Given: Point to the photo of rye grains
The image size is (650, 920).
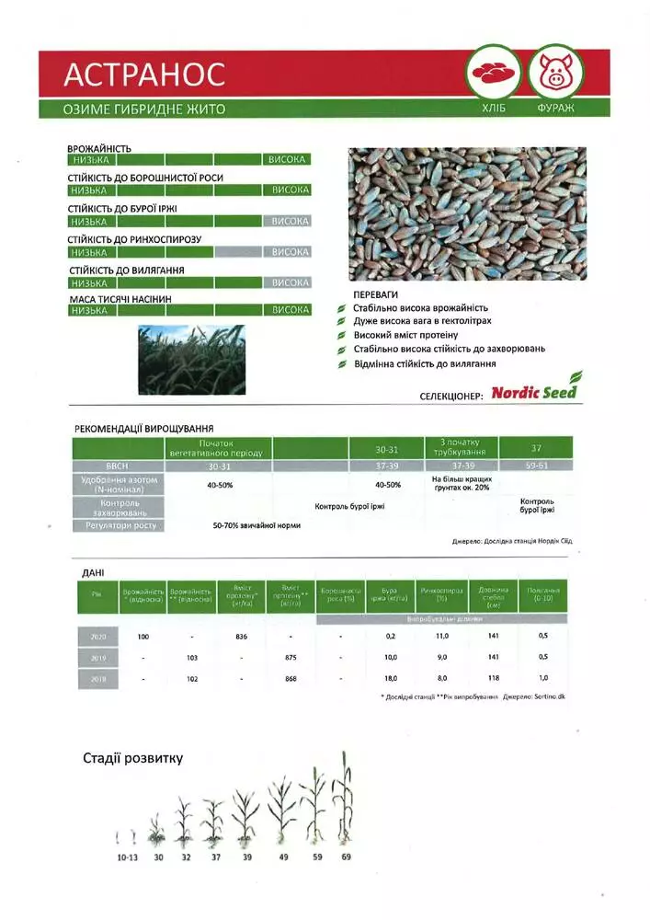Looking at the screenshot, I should [466, 213].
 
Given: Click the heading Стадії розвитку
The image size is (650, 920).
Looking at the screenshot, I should [132, 759].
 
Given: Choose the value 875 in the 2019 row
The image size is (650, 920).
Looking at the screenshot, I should [291, 658].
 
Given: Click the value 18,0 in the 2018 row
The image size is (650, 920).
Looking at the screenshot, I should [391, 679].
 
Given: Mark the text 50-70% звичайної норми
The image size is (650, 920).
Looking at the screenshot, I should [257, 525].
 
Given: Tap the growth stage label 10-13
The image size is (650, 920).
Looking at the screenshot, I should [128, 857].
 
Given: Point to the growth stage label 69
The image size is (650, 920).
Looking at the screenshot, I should [346, 857].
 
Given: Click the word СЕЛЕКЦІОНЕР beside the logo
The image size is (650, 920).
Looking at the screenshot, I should [450, 395].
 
